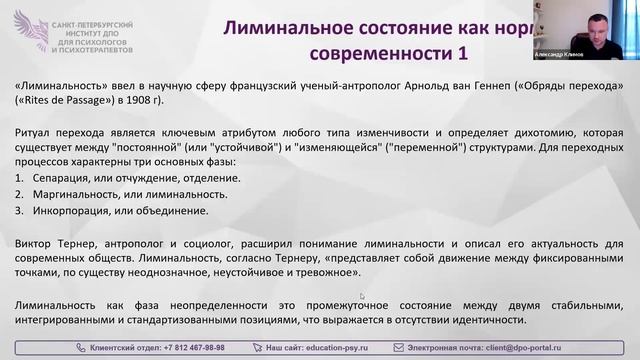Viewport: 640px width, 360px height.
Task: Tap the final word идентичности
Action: click(x=489, y=319)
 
